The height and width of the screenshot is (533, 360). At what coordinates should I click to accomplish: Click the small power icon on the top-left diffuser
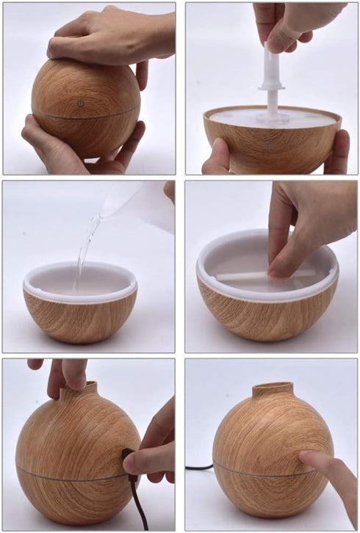point(80,104)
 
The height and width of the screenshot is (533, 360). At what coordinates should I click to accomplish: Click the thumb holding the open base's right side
point(337,151)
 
